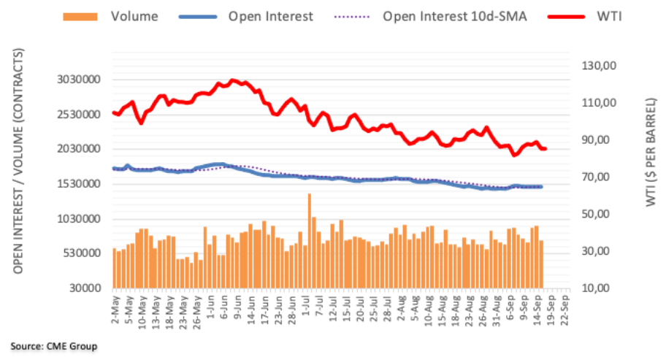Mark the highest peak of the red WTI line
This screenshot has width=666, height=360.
coord(232,80)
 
